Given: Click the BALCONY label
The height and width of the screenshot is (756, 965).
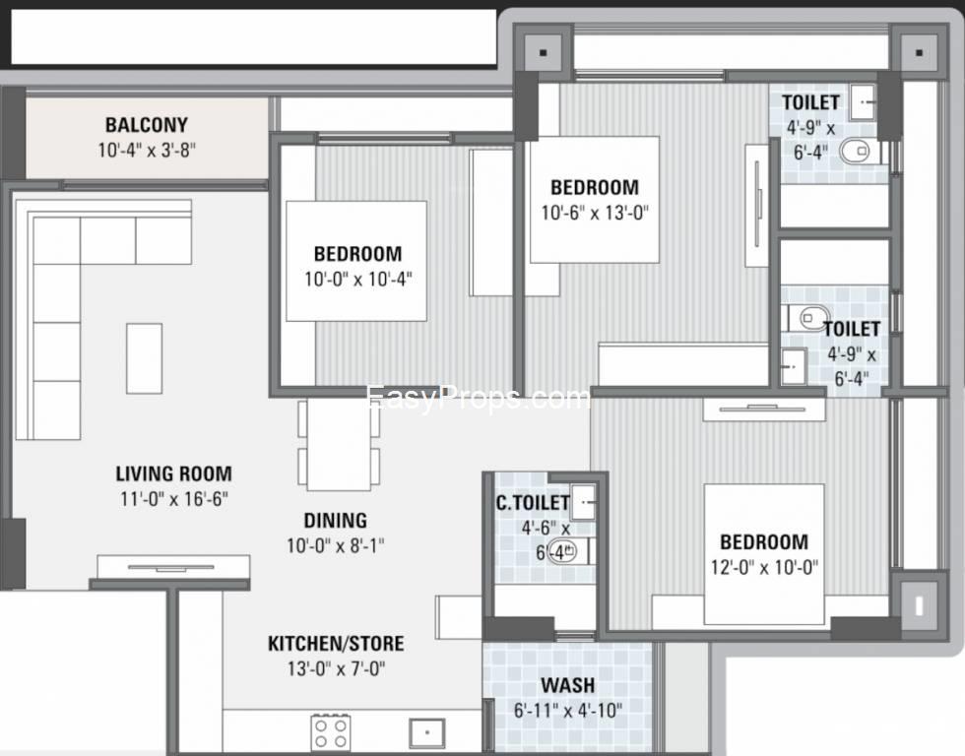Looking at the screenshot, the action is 147,125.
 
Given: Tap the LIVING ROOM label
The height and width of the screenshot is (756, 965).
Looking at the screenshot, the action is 173,473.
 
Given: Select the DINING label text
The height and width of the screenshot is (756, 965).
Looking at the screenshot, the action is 336,521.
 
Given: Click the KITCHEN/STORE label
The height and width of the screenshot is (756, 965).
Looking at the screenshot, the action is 336,644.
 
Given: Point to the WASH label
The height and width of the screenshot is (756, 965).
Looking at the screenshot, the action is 567,685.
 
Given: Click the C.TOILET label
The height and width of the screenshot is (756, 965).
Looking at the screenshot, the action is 533,503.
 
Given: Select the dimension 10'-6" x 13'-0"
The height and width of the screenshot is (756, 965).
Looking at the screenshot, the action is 595,213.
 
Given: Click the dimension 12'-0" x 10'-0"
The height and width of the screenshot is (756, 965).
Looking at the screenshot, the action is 764,567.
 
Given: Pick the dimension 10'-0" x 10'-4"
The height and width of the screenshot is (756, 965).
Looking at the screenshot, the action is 357,280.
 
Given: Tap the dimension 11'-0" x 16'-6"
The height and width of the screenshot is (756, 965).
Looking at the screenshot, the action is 173,499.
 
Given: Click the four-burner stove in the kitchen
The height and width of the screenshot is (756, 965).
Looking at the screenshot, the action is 331,733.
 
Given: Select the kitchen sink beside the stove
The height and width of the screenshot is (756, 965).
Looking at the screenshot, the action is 427,732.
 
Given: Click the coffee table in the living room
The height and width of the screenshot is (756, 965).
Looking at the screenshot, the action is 145,358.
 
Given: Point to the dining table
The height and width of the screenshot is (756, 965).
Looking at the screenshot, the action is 339,444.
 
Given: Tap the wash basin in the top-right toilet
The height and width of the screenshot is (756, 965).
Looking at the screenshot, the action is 865,102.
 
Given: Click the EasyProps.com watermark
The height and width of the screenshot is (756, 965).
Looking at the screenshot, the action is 478,398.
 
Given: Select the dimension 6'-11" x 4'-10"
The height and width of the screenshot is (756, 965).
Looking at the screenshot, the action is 567,711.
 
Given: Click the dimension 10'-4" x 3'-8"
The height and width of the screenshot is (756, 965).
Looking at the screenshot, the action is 147,150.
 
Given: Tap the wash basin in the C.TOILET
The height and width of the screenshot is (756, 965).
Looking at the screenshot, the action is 583,501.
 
